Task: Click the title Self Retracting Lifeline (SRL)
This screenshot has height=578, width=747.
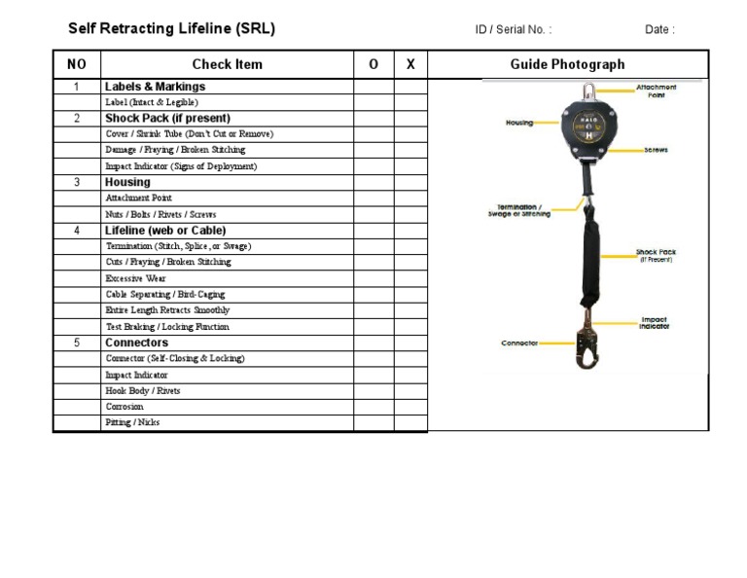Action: (171, 28)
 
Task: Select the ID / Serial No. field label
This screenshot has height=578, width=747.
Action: (513, 29)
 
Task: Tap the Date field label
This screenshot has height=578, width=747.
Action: (658, 29)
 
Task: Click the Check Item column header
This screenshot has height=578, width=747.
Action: (227, 64)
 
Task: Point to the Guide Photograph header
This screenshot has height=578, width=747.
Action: (567, 64)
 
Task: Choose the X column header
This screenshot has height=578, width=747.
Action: (410, 64)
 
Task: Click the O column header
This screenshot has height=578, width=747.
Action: (373, 64)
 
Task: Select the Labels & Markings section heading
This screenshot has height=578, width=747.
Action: (155, 87)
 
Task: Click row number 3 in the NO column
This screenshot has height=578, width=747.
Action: (77, 182)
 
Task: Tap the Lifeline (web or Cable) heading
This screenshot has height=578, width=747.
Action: (165, 231)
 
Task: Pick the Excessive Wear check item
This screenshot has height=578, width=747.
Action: (135, 278)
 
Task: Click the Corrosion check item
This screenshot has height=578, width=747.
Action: (124, 407)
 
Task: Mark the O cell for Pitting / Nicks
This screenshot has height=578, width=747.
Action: (373, 422)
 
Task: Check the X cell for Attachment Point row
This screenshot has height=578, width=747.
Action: (410, 198)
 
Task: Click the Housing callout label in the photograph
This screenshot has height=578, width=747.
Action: (519, 123)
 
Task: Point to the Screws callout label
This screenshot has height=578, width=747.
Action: (656, 151)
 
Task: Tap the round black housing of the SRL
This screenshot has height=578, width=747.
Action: (587, 126)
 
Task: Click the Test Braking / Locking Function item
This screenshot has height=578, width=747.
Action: (167, 327)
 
